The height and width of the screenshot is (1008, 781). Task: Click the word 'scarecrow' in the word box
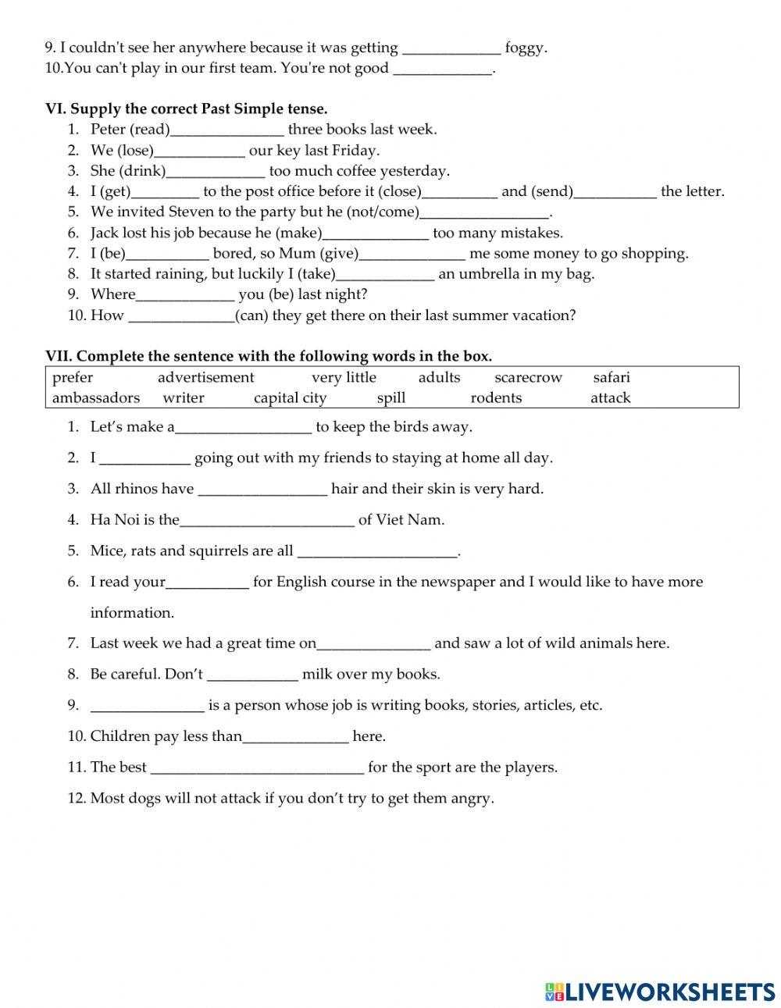pos(528,378)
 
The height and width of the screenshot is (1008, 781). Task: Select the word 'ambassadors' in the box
pos(96,398)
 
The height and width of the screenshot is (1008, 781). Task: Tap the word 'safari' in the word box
pos(612,378)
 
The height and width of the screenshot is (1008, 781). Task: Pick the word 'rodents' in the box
pos(496,398)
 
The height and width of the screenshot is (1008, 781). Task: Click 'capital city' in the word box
pos(290,398)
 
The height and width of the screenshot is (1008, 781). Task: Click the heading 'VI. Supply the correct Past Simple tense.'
pos(187,109)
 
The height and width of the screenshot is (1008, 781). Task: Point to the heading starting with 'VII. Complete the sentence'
pos(269,357)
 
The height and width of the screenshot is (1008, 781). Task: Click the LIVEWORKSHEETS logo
pos(659,991)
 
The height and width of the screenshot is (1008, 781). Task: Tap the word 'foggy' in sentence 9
pos(525,48)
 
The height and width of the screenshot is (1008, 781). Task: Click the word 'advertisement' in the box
pos(206,378)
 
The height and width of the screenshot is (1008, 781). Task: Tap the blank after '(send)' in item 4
pos(615,192)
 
